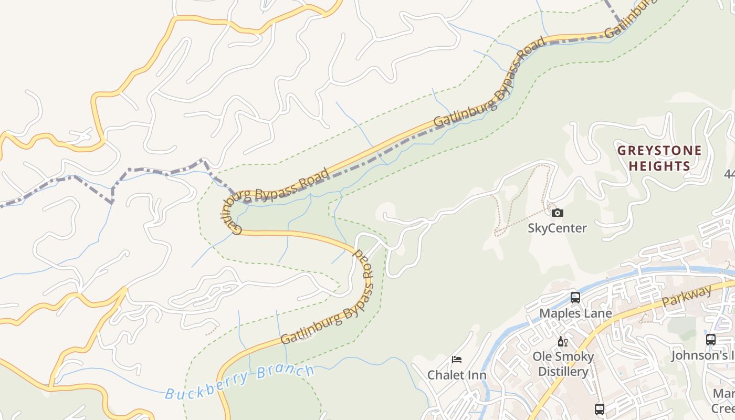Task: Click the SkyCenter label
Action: coord(557,228)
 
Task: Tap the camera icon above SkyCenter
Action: coord(558,213)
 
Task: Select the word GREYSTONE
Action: coord(659,151)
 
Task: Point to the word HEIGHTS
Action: coord(659,166)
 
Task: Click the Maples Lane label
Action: coord(575,313)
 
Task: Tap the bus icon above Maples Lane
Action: coord(575,298)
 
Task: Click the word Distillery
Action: coord(563,372)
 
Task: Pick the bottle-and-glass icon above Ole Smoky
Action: coord(563,342)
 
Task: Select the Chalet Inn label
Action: coord(457,375)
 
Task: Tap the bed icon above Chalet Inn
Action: coord(457,360)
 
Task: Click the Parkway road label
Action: coord(687,296)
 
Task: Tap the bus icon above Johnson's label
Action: coord(710,340)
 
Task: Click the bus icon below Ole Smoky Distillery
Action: coord(599,409)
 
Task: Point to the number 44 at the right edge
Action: coord(729,174)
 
